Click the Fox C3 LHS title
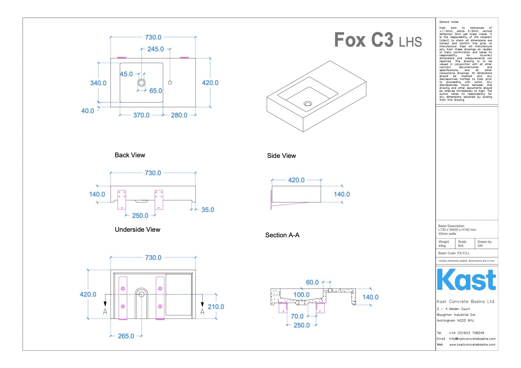pyautogui.click(x=378, y=40)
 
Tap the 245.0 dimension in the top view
pyautogui.click(x=155, y=49)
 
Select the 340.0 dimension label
pyautogui.click(x=98, y=83)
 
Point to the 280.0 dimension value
pyautogui.click(x=179, y=115)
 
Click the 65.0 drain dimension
pyautogui.click(x=156, y=91)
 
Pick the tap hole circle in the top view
pyautogui.click(x=170, y=82)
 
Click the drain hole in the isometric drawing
pyautogui.click(x=308, y=104)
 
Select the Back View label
pyautogui.click(x=130, y=155)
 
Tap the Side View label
pyautogui.click(x=281, y=156)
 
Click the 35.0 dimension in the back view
pyautogui.click(x=208, y=210)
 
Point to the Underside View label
pyautogui.click(x=137, y=230)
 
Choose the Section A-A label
pyautogui.click(x=282, y=235)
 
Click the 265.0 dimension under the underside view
pyautogui.click(x=126, y=336)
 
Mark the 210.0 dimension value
pyautogui.click(x=216, y=307)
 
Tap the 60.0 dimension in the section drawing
pyautogui.click(x=312, y=282)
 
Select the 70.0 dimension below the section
pyautogui.click(x=297, y=316)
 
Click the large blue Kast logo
pyautogui.click(x=466, y=280)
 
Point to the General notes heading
pyautogui.click(x=449, y=22)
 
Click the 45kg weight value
pyautogui.click(x=442, y=246)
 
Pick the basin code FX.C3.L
pyautogui.click(x=463, y=253)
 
